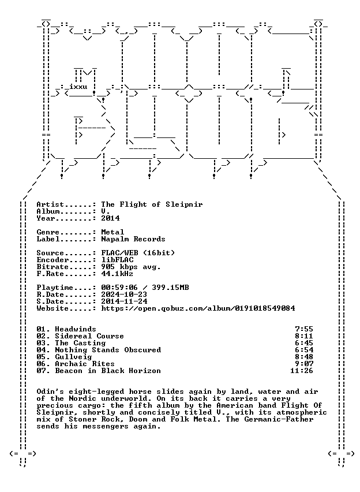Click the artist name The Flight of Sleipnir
(152, 205)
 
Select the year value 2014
(110, 218)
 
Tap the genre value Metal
(112, 232)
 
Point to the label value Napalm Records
(133, 239)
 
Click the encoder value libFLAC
(117, 260)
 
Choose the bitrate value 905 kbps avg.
(131, 267)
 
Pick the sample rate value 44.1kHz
(117, 274)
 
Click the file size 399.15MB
(170, 288)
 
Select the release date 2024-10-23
(124, 295)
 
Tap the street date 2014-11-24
(124, 301)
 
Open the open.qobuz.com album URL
(198, 308)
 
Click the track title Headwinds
(76, 329)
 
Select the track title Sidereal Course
(89, 336)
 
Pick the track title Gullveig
(73, 357)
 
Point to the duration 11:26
(302, 371)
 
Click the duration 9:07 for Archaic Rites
(304, 364)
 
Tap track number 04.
(42, 350)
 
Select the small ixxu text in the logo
(78, 87)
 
